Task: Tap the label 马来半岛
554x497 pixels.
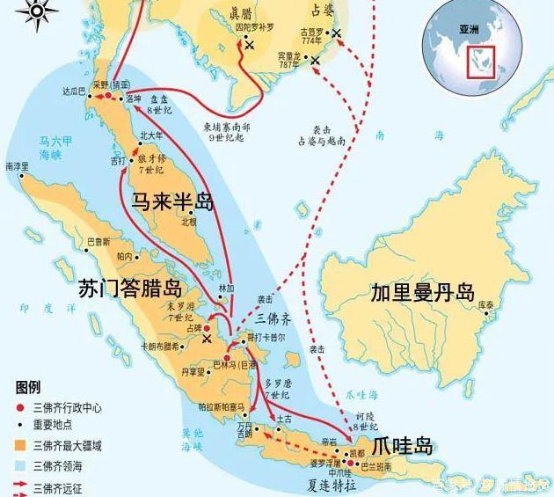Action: pyautogui.click(x=173, y=201)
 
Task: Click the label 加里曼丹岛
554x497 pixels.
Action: pyautogui.click(x=422, y=292)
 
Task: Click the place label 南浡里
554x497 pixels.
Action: pyautogui.click(x=16, y=166)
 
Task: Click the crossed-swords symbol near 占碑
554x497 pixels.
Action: pyautogui.click(x=208, y=338)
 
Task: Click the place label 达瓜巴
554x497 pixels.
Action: pyautogui.click(x=72, y=91)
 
